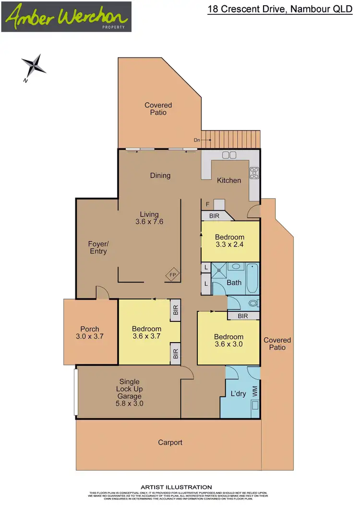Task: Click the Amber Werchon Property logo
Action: (66, 17)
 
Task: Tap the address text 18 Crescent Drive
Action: (280, 9)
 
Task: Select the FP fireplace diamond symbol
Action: (173, 275)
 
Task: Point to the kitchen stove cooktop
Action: (254, 172)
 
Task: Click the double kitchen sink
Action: (229, 155)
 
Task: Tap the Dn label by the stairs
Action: (197, 140)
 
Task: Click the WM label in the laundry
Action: (255, 391)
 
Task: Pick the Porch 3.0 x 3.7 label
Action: (90, 332)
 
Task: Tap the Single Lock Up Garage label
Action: (129, 392)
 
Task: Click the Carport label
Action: (170, 442)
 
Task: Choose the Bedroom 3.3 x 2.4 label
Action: (229, 241)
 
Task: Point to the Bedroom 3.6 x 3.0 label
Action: (228, 340)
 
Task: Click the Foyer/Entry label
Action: (98, 248)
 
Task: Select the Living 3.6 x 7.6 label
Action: (149, 218)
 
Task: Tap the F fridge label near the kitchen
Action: (207, 204)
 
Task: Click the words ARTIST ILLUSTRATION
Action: (176, 487)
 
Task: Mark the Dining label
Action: (160, 176)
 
